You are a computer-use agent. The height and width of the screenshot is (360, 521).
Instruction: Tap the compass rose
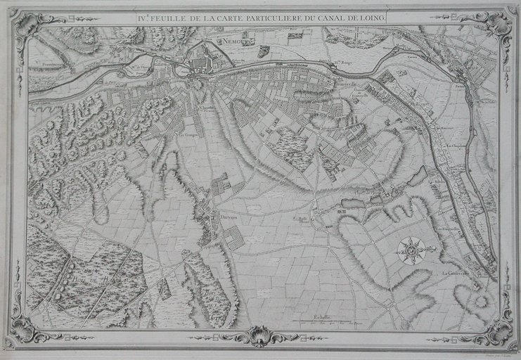(411, 250)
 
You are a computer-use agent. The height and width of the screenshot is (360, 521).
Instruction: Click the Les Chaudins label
(461, 147)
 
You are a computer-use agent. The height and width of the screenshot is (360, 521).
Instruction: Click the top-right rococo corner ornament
(496, 26)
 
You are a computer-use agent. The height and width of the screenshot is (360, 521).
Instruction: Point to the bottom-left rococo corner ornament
(27, 326)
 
